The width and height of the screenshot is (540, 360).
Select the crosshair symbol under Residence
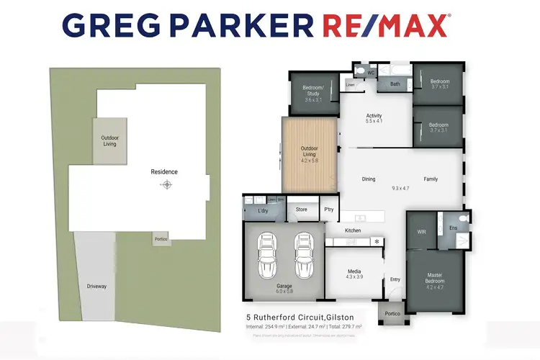pyautogui.click(x=167, y=185)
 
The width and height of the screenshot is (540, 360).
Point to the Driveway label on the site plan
pyautogui.click(x=96, y=287)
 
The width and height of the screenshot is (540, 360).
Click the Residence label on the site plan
pyautogui.click(x=164, y=172)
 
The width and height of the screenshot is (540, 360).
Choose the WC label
pyautogui.click(x=372, y=73)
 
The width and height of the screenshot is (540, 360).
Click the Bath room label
pyautogui.click(x=395, y=84)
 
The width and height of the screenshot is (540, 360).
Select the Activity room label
pyautogui.click(x=374, y=116)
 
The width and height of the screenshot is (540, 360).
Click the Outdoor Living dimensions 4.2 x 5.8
pyautogui.click(x=309, y=159)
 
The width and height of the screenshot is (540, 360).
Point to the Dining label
pyautogui.click(x=369, y=179)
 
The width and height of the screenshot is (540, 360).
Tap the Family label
pyautogui.click(x=431, y=179)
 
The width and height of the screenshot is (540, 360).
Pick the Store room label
pyautogui.click(x=301, y=210)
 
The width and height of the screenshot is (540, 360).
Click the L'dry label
pyautogui.click(x=263, y=210)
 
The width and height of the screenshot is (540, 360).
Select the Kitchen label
pyautogui.click(x=353, y=230)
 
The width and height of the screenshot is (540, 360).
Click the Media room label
pyautogui.click(x=353, y=271)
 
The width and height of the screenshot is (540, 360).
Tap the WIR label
pyautogui.click(x=422, y=232)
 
